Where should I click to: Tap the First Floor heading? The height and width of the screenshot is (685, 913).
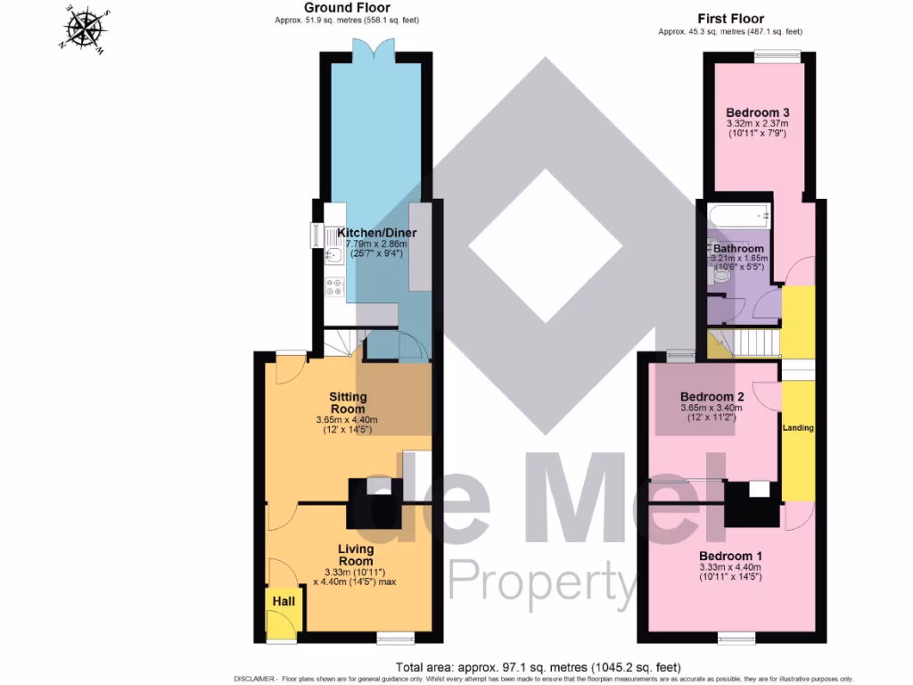click(x=730, y=18)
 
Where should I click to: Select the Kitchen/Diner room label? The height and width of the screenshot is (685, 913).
click(x=376, y=233)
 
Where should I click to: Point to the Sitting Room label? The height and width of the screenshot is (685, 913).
click(x=348, y=402)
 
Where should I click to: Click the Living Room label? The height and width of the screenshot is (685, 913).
click(x=355, y=555)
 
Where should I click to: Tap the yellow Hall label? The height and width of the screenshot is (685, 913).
click(x=284, y=602)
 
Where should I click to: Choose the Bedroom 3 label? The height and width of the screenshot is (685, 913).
click(x=758, y=112)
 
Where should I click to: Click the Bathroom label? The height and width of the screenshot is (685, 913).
click(x=738, y=248)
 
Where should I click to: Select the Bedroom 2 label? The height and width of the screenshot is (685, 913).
click(x=711, y=397)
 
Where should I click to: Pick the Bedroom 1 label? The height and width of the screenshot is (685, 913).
click(x=729, y=555)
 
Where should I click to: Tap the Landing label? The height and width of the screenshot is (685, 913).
click(x=798, y=428)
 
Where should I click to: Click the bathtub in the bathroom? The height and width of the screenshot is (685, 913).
click(x=738, y=215)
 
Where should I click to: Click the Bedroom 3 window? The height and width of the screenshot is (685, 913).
click(x=777, y=55)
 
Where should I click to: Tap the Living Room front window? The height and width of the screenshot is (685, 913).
click(x=393, y=637)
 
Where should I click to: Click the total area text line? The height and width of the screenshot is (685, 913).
click(x=538, y=667)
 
